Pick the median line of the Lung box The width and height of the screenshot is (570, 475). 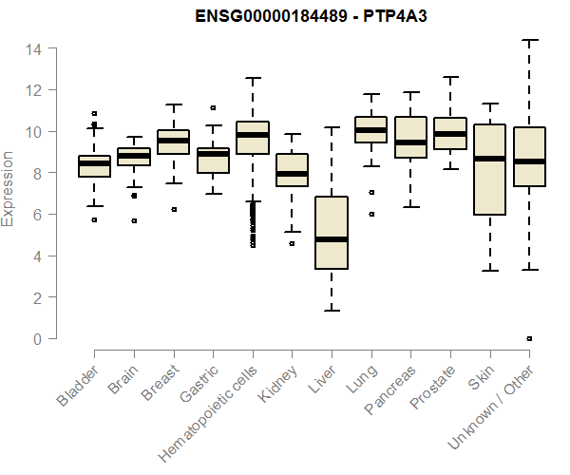(x=371, y=129)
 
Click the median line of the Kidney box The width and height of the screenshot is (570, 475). (x=292, y=174)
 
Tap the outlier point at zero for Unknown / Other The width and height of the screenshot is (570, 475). (x=529, y=338)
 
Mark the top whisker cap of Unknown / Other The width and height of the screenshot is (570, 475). (x=529, y=40)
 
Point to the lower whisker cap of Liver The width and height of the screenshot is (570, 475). (x=332, y=311)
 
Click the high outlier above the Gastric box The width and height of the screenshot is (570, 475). (x=213, y=108)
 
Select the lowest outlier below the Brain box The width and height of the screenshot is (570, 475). (x=134, y=220)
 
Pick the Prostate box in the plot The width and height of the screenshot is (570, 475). (x=450, y=134)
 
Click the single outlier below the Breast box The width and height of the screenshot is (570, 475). (x=173, y=209)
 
